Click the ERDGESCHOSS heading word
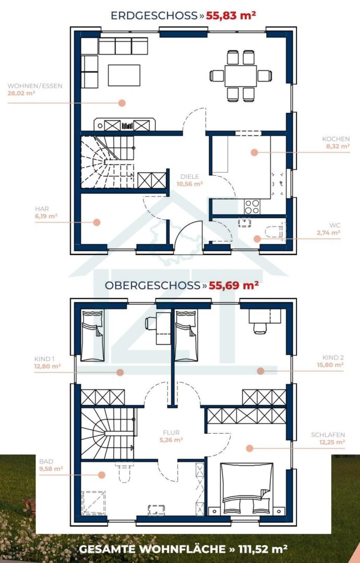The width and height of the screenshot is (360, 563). pos(154,16)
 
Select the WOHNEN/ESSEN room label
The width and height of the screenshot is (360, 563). pos(35,86)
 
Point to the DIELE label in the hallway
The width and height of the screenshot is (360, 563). pos(190,177)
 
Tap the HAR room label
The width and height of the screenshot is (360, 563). pos(42,209)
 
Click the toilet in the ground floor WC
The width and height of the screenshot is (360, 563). pos(277,232)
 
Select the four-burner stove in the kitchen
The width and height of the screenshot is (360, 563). pos(252,206)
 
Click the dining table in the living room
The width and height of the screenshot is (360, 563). pos(241,76)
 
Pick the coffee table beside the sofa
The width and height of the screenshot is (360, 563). pos(124,75)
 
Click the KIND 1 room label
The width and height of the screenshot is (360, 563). pos(44,359)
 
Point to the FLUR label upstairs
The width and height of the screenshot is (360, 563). pos(171,433)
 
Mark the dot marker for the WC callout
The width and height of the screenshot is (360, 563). pos(257,238)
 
